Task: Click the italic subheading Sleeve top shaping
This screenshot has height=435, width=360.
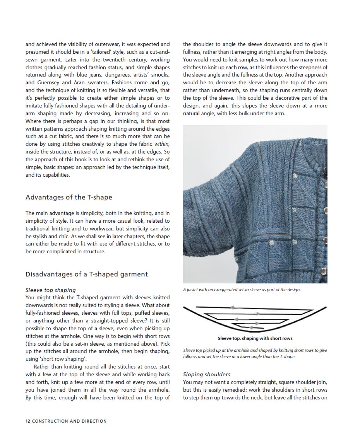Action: pos(50,290)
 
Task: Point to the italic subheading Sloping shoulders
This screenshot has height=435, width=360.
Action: pos(206,374)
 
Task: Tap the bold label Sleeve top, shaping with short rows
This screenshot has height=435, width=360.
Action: pos(255,338)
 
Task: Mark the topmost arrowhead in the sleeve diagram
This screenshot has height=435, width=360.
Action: pos(232,307)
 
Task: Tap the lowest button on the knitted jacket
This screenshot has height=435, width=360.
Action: pos(324,272)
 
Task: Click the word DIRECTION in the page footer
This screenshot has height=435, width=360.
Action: pos(94,421)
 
